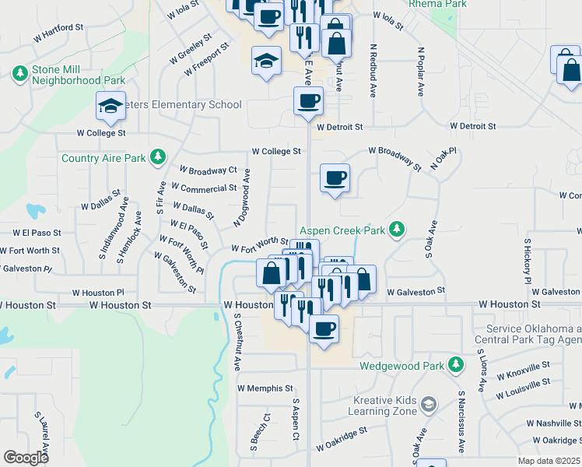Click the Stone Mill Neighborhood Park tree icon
click(19, 73)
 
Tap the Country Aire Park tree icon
click(158, 157)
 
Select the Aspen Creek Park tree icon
click(398, 229)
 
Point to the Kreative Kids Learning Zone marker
click(428, 404)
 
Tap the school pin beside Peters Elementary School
click(110, 105)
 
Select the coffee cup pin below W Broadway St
click(335, 178)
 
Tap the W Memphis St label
click(265, 388)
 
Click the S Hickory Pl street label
click(527, 260)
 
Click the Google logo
click(26, 458)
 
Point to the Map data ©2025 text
click(549, 461)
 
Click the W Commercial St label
click(203, 188)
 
